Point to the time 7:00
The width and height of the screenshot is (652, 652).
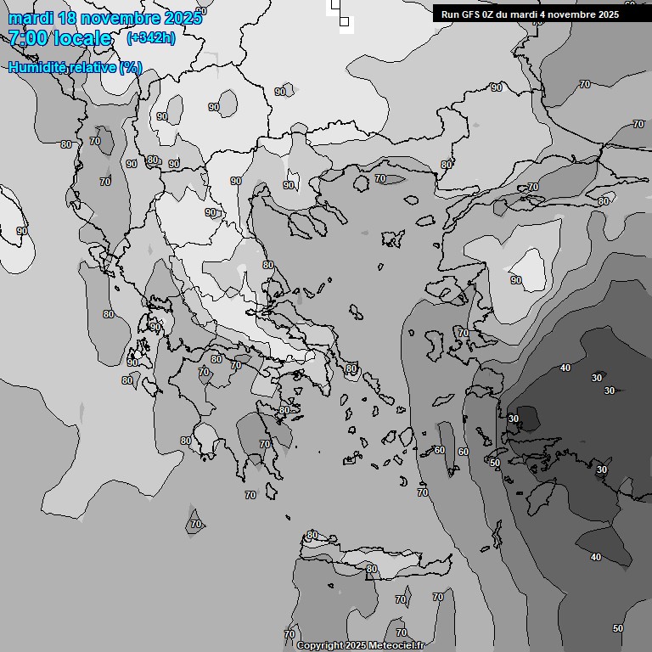click(27, 38)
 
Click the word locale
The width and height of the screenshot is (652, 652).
click(83, 38)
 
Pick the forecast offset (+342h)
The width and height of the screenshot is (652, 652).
click(150, 38)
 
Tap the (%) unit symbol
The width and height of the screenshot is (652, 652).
click(130, 67)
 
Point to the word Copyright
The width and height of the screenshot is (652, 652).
click(319, 646)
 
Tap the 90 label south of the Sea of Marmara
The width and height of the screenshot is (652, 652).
click(515, 280)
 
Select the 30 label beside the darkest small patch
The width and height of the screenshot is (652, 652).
click(514, 419)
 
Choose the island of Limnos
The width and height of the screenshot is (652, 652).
click(391, 238)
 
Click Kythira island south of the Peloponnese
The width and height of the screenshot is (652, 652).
click(272, 492)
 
